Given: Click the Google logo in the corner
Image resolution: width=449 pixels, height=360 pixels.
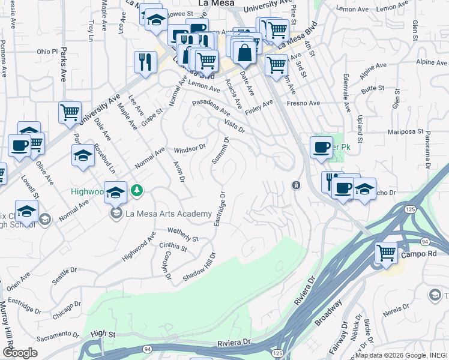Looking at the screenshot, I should pyautogui.click(x=19, y=353).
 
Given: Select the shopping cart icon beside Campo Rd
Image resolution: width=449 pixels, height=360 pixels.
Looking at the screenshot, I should pyautogui.click(x=387, y=252).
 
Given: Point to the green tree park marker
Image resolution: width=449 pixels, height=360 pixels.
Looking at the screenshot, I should pyautogui.click(x=138, y=190).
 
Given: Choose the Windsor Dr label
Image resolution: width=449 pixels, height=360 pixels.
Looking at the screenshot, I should pyautogui.click(x=190, y=148).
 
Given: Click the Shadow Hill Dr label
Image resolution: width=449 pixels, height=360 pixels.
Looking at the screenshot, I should pyautogui.click(x=199, y=266).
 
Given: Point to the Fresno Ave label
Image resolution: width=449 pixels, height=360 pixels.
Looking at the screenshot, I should pyautogui.click(x=303, y=103).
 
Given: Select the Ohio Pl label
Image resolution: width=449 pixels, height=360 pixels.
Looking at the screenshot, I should pyautogui.click(x=46, y=52).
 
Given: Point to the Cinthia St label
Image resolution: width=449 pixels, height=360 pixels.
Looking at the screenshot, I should pyautogui.click(x=173, y=246).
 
